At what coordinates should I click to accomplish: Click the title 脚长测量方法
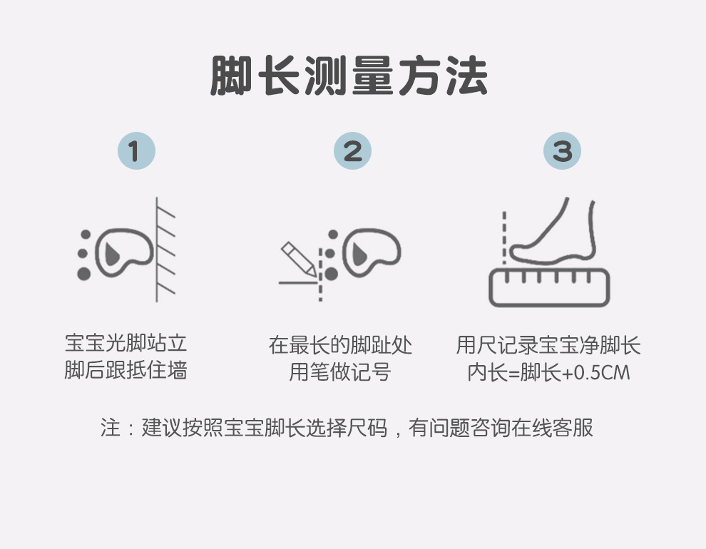tap(349, 76)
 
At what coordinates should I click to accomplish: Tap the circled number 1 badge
tap(136, 150)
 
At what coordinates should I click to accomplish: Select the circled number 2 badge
tap(352, 150)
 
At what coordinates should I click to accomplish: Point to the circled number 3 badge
tap(563, 150)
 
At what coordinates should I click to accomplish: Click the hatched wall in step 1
tap(165, 250)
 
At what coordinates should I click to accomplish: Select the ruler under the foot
tap(549, 287)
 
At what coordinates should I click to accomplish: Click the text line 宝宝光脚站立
tap(126, 344)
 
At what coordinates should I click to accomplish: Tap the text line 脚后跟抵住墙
tap(126, 370)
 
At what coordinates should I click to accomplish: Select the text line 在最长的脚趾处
tap(340, 345)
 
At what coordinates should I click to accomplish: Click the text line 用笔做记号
tap(340, 372)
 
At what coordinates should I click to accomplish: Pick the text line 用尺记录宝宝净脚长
tap(548, 345)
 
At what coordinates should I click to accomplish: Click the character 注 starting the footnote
tap(111, 428)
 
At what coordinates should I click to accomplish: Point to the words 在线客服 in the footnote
tap(552, 428)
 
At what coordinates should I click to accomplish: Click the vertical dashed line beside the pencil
tap(321, 274)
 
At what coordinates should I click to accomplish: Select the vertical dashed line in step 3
tap(504, 237)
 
